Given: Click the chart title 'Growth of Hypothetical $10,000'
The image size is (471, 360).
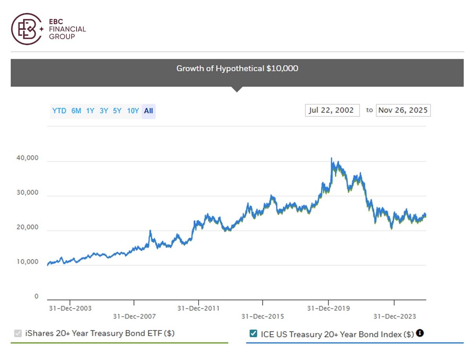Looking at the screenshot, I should [x=237, y=68].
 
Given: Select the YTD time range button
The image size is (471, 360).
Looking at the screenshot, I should [x=59, y=111].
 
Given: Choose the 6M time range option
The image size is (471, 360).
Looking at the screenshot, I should [x=76, y=111].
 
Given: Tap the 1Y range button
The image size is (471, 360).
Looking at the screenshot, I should [x=90, y=111].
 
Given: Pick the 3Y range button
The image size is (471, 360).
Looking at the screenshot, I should [x=104, y=111].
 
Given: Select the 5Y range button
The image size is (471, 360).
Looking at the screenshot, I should [x=117, y=111].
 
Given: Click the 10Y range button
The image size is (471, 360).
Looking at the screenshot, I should [x=133, y=111].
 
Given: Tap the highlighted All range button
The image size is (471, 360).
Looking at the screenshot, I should [x=148, y=111].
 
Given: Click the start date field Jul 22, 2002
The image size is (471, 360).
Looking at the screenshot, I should [x=332, y=110].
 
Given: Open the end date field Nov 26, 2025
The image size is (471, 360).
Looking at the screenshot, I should [x=403, y=110].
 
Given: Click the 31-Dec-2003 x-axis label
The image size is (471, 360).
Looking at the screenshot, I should [x=70, y=308].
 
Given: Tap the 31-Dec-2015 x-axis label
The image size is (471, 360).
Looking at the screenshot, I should [x=262, y=316].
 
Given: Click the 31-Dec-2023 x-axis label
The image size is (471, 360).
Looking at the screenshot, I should [x=394, y=316].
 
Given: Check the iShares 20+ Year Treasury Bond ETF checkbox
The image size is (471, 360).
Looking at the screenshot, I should [x=18, y=334].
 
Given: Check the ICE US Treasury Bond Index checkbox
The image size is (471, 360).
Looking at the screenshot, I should [x=253, y=334].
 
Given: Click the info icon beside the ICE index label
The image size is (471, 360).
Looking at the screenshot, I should [x=420, y=333].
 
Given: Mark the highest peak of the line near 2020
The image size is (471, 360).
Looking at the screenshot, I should [x=331, y=158].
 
